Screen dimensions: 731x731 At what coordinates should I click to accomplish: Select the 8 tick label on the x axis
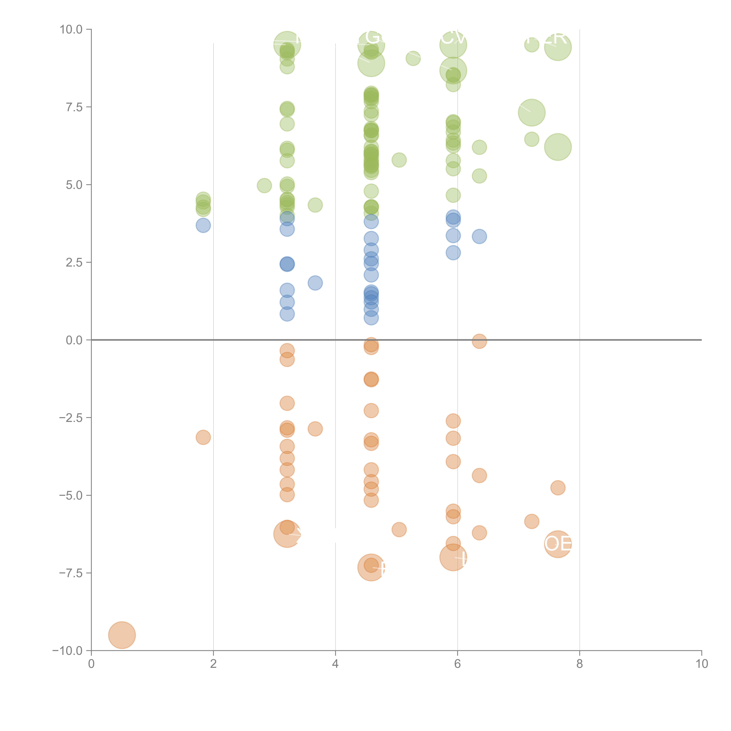point(580,664)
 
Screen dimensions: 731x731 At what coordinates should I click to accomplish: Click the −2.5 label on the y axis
point(71,418)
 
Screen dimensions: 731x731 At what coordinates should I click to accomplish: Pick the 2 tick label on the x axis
point(213,664)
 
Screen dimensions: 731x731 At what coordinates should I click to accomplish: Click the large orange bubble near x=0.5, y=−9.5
point(122,635)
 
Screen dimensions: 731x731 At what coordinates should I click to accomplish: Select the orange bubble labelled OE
point(558,544)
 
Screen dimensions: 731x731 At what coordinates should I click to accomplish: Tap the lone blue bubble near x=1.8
point(203,225)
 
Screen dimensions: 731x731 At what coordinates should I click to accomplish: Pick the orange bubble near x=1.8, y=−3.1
point(203,437)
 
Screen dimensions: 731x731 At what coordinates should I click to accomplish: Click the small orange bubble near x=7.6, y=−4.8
point(558,488)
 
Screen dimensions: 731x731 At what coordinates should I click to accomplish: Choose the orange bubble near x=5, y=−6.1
point(399,529)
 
